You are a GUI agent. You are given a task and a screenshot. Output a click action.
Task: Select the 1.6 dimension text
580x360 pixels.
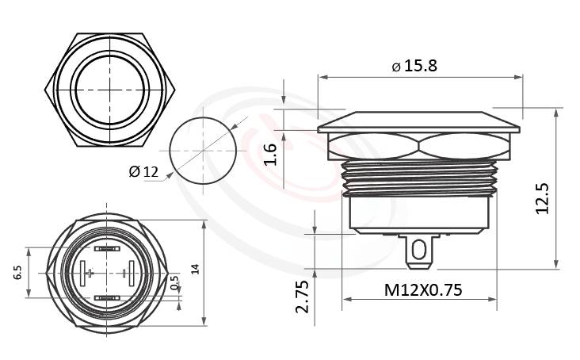coord(271,151)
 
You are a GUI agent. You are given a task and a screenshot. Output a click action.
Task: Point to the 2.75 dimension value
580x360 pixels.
coord(302,296)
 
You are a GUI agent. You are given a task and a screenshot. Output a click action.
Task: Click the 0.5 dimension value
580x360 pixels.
coord(174,283)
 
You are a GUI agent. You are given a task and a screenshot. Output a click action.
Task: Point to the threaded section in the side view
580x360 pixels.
coord(419,179)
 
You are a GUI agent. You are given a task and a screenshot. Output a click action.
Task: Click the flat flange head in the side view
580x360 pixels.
coord(419,124)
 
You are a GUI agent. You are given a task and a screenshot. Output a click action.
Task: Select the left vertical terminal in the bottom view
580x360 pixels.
coord(82,274)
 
